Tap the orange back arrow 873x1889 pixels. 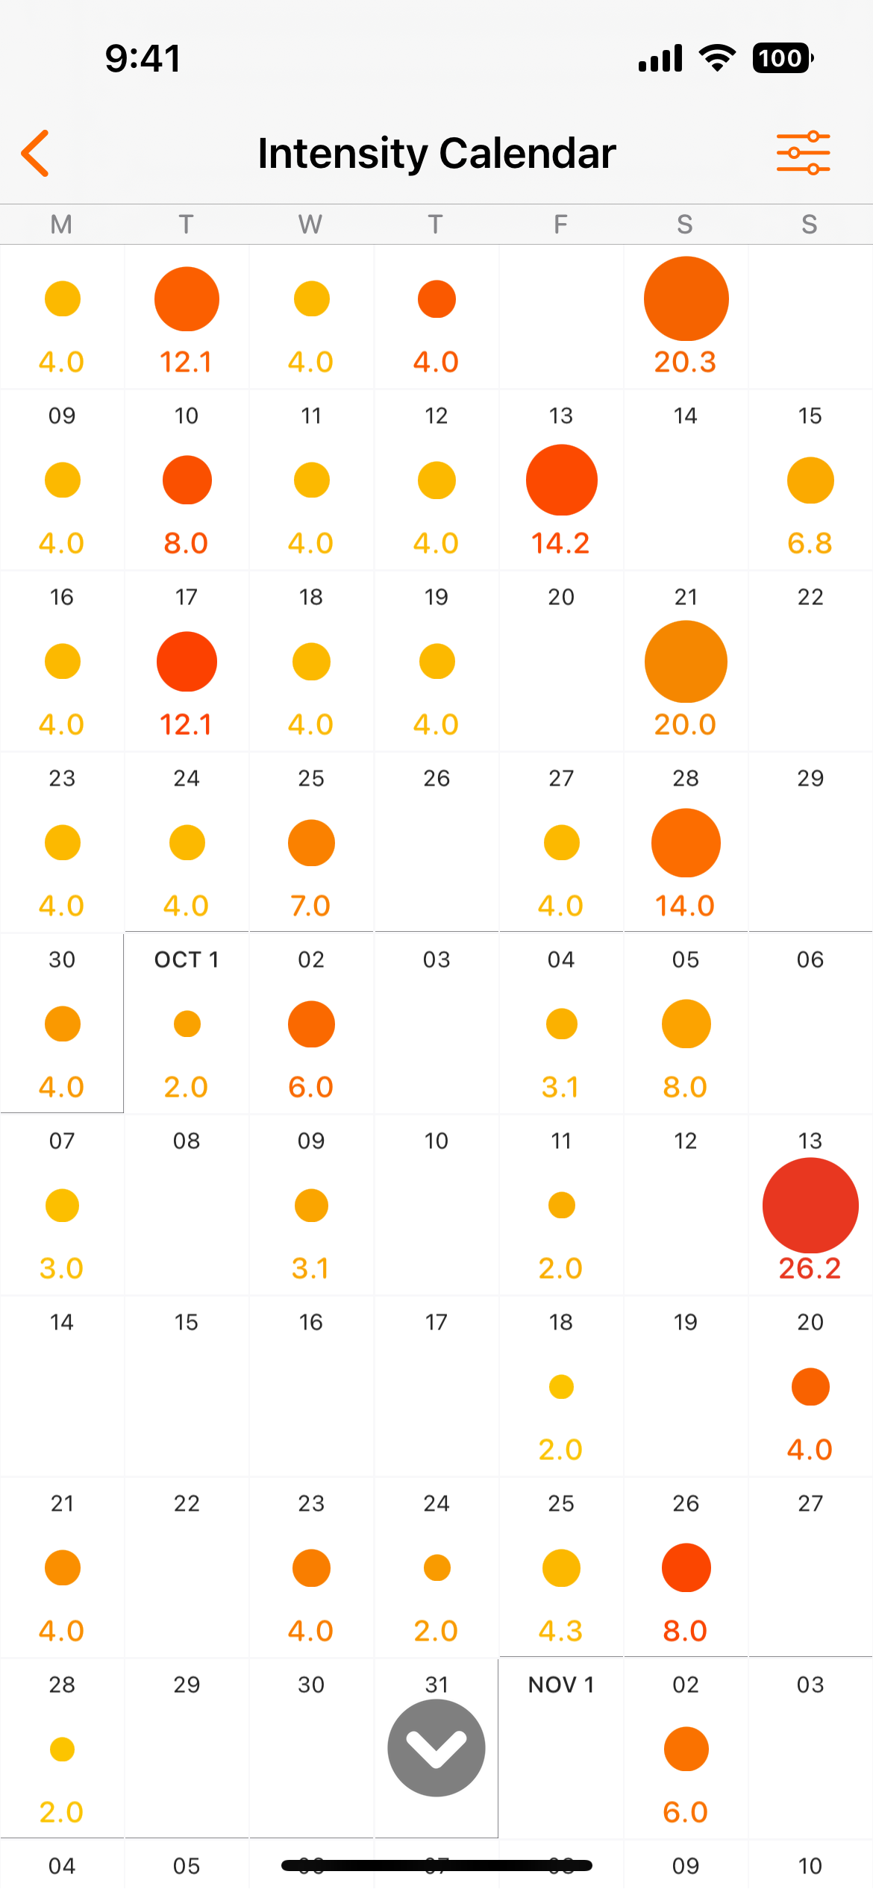pyautogui.click(x=36, y=153)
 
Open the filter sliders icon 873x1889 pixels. pyautogui.click(x=803, y=153)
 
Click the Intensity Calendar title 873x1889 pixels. pyautogui.click(x=436, y=153)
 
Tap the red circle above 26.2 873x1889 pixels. pyautogui.click(x=810, y=1205)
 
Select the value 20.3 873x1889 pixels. pyautogui.click(x=685, y=362)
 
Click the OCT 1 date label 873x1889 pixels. pyautogui.click(x=187, y=959)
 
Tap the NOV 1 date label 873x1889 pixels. pyautogui.click(x=561, y=1685)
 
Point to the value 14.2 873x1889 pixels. pyautogui.click(x=560, y=543)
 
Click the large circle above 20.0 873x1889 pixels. pyautogui.click(x=686, y=662)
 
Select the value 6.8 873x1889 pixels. pyautogui.click(x=810, y=543)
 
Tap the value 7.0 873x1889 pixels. pyautogui.click(x=310, y=906)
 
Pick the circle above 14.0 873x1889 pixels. pyautogui.click(x=686, y=843)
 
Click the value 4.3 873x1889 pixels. pyautogui.click(x=560, y=1631)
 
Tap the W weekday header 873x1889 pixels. pyautogui.click(x=310, y=224)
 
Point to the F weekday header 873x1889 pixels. pyautogui.click(x=560, y=224)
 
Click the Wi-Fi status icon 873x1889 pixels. pyautogui.click(x=717, y=58)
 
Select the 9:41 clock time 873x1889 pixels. pyautogui.click(x=143, y=58)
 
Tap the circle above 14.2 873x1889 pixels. pyautogui.click(x=561, y=480)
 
